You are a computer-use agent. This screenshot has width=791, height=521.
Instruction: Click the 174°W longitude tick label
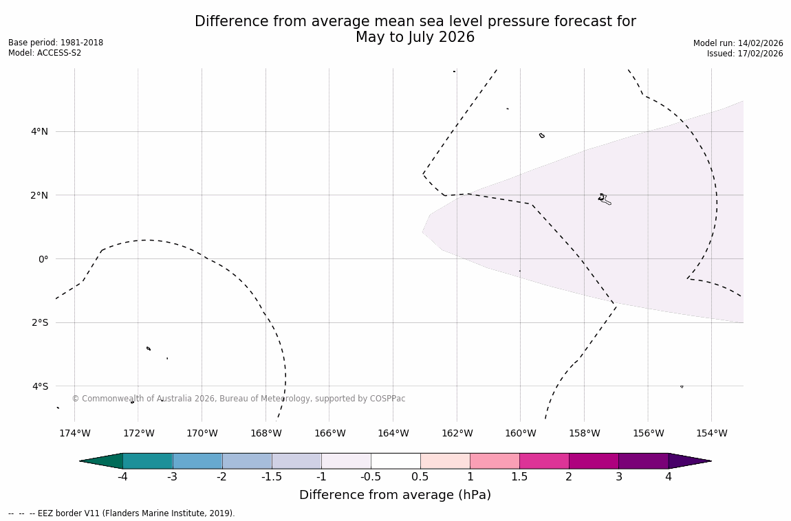tap(74, 433)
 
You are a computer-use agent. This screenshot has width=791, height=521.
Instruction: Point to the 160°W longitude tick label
tap(520, 433)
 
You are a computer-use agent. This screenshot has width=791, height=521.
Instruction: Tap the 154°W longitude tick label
tap(711, 433)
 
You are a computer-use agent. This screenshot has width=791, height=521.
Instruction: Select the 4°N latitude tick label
tap(39, 131)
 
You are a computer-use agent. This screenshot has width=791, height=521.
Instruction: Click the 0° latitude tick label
tap(43, 259)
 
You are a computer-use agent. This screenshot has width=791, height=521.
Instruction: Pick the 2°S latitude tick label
tap(40, 322)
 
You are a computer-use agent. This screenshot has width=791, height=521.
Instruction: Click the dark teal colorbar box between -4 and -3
tap(147, 461)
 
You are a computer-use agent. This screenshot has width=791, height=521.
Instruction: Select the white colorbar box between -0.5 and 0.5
tap(395, 461)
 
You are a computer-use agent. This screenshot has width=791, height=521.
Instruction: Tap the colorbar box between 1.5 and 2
tap(544, 461)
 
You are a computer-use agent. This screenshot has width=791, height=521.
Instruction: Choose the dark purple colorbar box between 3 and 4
tap(643, 461)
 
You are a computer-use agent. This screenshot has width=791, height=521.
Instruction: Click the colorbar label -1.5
tap(271, 477)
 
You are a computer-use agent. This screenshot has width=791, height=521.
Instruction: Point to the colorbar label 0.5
tap(420, 477)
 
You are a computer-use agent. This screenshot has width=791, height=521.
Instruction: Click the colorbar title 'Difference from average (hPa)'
tap(395, 495)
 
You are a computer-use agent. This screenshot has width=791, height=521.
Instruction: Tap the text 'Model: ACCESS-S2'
tap(45, 53)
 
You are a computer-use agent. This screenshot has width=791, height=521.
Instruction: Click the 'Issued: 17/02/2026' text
tap(745, 54)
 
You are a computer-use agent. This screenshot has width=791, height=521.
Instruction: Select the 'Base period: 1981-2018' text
tap(56, 43)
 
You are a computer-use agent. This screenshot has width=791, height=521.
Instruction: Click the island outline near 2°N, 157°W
tap(604, 199)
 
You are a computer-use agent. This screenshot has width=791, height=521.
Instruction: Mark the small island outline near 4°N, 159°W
tap(542, 135)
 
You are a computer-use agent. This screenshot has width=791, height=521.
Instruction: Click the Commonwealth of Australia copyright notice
tap(239, 399)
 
